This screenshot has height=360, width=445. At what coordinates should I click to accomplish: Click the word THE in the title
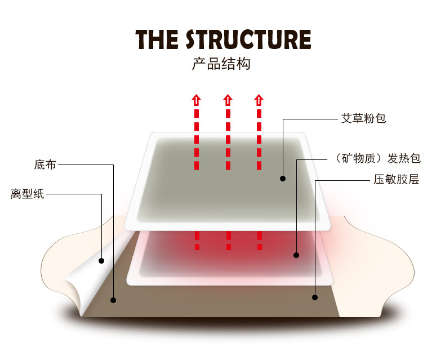[x=157, y=39]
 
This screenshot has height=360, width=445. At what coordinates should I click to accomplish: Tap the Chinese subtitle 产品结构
[x=221, y=64]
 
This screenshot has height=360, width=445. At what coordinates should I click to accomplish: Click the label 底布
[x=45, y=165]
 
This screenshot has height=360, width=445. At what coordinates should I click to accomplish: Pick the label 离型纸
[x=27, y=194]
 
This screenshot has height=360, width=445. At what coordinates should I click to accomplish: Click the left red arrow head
[x=196, y=100]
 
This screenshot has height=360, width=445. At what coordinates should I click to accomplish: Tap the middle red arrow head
[x=228, y=100]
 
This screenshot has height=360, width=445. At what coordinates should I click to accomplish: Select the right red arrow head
[x=259, y=100]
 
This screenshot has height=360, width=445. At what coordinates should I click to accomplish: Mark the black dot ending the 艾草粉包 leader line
[x=283, y=179]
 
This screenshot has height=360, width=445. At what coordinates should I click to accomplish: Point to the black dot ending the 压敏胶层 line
[x=315, y=297]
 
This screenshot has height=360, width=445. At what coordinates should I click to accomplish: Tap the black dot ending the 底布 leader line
[x=113, y=300]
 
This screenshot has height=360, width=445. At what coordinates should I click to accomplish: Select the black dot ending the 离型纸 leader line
[x=102, y=260]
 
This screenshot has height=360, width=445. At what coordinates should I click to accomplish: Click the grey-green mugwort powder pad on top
[x=225, y=175]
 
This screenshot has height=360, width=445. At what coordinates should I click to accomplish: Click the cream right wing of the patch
[x=383, y=265]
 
